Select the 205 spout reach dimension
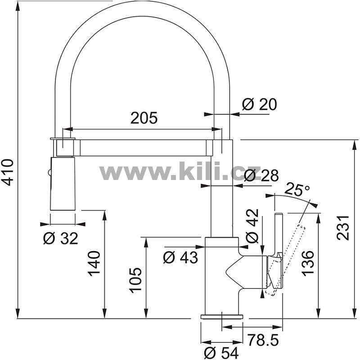pos(144,118)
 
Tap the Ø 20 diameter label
pos(260,104)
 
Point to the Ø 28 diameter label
pos(261,175)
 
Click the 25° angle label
pos(297,189)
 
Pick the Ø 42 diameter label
pos(252,226)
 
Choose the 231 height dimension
pos(343,228)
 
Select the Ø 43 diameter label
pos(180,257)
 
